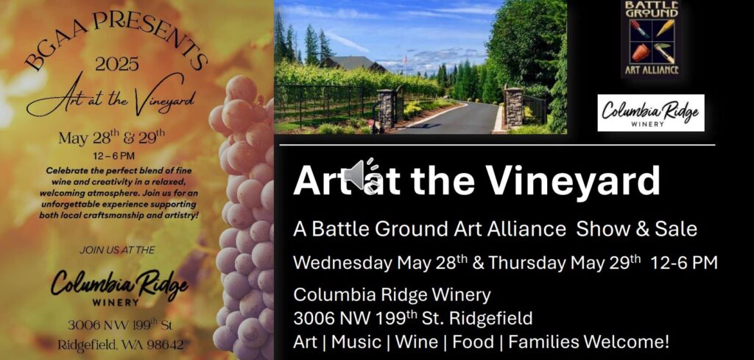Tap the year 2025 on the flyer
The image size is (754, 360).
[117, 64]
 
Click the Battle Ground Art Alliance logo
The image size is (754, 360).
[652, 38]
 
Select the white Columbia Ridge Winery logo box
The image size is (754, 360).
[651, 113]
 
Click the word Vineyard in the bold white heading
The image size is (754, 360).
[573, 181]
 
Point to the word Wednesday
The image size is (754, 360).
[343, 263]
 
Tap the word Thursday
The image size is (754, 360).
[527, 263]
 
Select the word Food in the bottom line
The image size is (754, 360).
[473, 342]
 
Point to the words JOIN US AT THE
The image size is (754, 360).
[117, 250]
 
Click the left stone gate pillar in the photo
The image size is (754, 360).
[386, 109]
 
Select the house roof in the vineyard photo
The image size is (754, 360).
[353, 63]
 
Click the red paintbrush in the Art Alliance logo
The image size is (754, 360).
[639, 29]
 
